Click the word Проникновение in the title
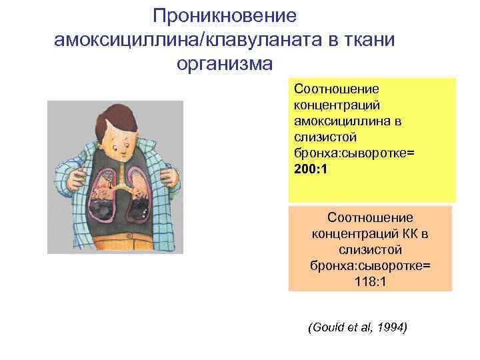(x=224, y=16)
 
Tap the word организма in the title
(x=224, y=64)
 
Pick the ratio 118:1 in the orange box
(x=370, y=282)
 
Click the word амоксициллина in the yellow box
(x=332, y=121)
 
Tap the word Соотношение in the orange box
(x=370, y=218)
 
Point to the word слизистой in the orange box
(x=370, y=250)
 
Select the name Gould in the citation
(x=326, y=328)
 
